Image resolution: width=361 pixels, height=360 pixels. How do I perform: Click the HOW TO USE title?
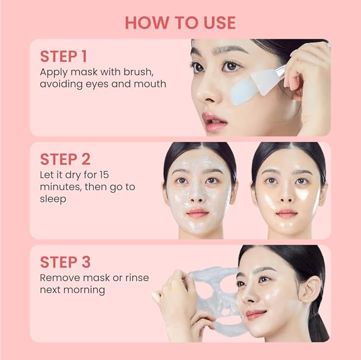[180, 22]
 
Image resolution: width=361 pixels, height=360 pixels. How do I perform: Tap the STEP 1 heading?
[64, 56]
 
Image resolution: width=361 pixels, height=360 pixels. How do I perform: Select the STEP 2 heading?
[65, 159]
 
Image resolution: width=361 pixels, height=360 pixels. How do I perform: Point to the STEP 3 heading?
[65, 262]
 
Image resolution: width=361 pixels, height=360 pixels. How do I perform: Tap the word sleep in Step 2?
[53, 199]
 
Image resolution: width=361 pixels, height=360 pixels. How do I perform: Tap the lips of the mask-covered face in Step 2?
[198, 213]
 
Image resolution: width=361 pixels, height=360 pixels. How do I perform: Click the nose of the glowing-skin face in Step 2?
[287, 195]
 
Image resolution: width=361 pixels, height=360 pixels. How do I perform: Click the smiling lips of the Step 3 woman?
[256, 314]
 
